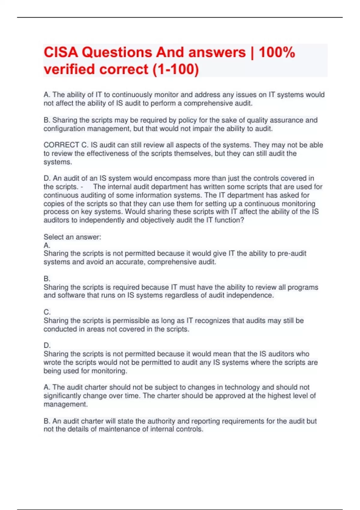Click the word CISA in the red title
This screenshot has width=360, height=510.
coord(61,52)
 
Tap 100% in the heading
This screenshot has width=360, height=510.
coord(277,52)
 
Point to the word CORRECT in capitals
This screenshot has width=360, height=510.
coord(61,145)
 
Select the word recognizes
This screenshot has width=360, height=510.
coord(212,321)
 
